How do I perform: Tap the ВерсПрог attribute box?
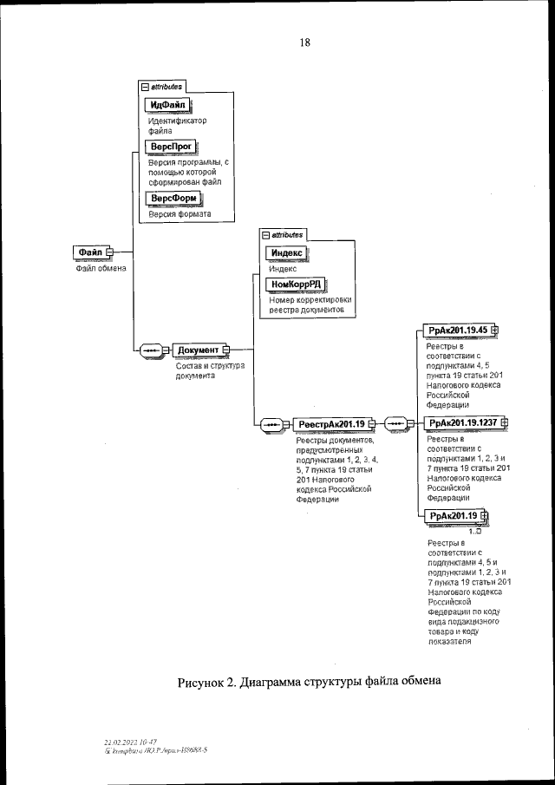(x=171, y=148)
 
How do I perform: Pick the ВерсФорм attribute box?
(x=172, y=199)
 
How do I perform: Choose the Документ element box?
(x=199, y=350)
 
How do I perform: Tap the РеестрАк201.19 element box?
(x=330, y=423)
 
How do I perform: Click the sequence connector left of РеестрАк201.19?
(x=271, y=423)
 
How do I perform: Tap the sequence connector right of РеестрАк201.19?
(x=397, y=423)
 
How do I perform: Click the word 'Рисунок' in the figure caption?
(x=206, y=681)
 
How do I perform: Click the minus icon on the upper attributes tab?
(x=145, y=88)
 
